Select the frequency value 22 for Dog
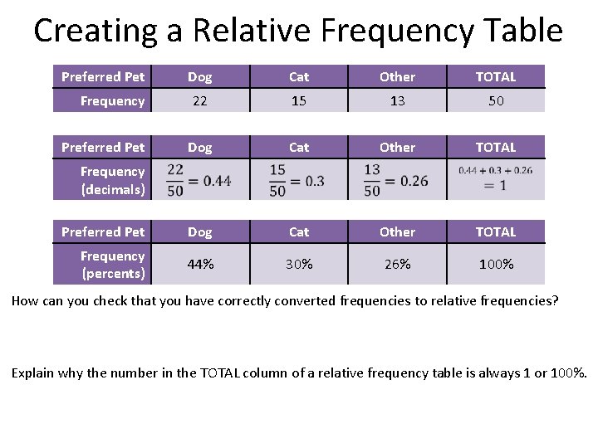199,101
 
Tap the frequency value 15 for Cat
299,101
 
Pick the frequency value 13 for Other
397,101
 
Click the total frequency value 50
496,101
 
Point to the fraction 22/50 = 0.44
199,179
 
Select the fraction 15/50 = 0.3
297,179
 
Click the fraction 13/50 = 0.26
396,179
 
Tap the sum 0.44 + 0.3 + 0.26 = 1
495,178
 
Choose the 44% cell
199,265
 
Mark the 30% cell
299,265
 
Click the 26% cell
397,265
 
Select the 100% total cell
496,265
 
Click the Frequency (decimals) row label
112,180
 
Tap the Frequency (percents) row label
112,265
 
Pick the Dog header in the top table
199,77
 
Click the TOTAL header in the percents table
496,232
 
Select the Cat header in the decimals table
299,148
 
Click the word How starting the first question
24,300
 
